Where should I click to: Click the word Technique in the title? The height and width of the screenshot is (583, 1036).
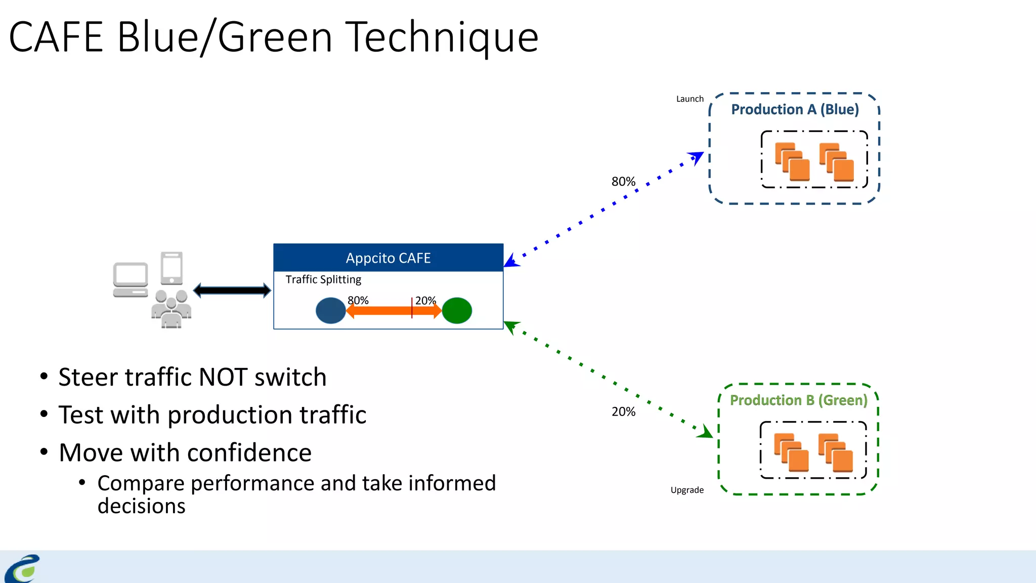click(x=443, y=37)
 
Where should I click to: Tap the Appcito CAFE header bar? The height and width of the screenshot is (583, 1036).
click(x=388, y=258)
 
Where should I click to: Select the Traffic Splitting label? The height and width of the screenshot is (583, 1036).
click(x=323, y=279)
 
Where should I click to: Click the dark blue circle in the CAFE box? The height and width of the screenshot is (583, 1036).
click(x=330, y=311)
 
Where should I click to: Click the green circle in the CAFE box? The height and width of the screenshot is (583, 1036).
click(x=457, y=311)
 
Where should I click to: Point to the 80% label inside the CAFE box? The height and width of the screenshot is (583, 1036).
click(x=358, y=300)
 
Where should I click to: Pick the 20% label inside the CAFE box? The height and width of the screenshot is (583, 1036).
click(x=425, y=300)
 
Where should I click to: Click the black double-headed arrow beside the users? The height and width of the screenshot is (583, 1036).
click(x=232, y=290)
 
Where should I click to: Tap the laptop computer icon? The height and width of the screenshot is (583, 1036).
click(x=131, y=279)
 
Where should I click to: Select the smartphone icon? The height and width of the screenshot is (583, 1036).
click(x=171, y=268)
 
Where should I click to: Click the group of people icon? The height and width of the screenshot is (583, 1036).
click(x=171, y=309)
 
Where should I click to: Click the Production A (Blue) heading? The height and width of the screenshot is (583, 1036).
click(x=795, y=109)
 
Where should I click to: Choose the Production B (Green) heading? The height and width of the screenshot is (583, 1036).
click(x=798, y=400)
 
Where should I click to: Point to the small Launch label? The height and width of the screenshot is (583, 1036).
click(x=689, y=99)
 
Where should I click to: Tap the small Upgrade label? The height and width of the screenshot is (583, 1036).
click(x=687, y=490)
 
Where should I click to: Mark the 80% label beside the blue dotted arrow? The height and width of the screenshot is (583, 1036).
click(x=623, y=182)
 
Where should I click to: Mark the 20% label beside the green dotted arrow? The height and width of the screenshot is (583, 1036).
click(x=623, y=412)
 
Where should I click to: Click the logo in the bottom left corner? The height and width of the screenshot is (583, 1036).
click(x=22, y=569)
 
